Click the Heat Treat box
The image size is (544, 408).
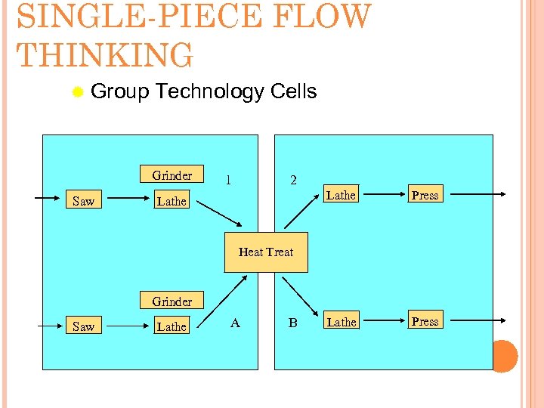(266, 252)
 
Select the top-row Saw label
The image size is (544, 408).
(83, 201)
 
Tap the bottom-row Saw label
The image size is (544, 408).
(83, 326)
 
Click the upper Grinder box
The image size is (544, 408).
(172, 175)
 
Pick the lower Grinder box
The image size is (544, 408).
(172, 301)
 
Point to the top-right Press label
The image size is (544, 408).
(425, 195)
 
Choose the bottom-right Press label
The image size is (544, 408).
(425, 321)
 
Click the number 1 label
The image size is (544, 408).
(228, 180)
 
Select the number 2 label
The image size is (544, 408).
(294, 181)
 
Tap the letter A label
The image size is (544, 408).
(235, 323)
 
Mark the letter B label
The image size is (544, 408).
(292, 323)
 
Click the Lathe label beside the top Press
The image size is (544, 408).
(341, 195)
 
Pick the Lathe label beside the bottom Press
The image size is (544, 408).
(341, 322)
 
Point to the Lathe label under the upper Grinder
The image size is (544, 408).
(172, 201)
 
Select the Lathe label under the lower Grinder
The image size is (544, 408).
(172, 326)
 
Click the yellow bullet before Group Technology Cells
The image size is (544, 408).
(77, 93)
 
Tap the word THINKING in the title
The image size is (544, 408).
(105, 55)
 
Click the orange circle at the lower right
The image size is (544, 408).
(504, 356)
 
